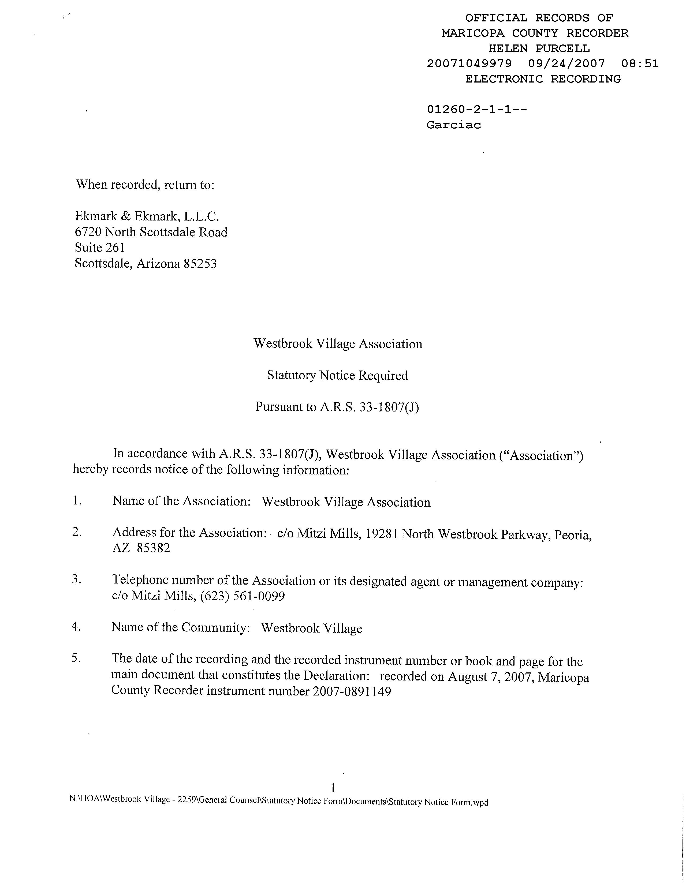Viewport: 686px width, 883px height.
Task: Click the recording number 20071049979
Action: pyautogui.click(x=469, y=63)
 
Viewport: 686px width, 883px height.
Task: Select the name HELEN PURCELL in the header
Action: pyautogui.click(x=539, y=48)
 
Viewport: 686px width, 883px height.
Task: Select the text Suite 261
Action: pyautogui.click(x=100, y=248)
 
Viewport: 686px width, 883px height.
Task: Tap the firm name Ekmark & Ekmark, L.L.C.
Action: pyautogui.click(x=147, y=217)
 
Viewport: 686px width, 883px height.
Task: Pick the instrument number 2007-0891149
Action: pyautogui.click(x=352, y=692)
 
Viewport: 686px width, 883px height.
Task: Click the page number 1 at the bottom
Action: pyautogui.click(x=333, y=788)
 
